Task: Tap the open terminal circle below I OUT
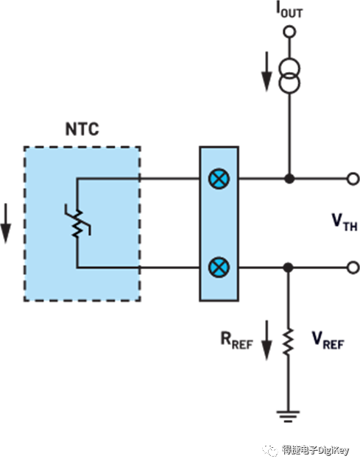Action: (x=289, y=32)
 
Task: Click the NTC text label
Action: (x=81, y=131)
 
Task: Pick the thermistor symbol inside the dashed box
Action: (x=78, y=222)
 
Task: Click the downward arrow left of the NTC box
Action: (x=6, y=224)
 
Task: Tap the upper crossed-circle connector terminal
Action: (x=219, y=179)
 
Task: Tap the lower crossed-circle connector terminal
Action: (x=219, y=266)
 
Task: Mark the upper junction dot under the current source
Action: (x=289, y=179)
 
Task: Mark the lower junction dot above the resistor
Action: (x=289, y=267)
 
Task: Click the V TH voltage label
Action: (x=344, y=223)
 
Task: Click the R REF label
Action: (x=235, y=341)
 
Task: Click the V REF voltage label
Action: (x=327, y=340)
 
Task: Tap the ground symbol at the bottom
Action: (x=289, y=415)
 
